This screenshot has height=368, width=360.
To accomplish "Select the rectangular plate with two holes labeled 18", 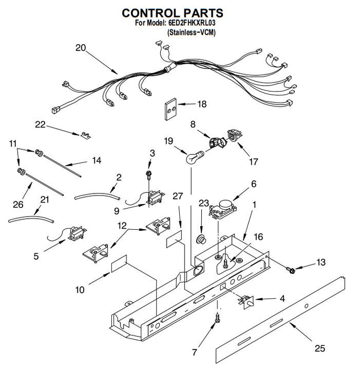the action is click(171, 109).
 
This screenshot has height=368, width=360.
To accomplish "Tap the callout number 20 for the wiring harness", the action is click(80, 48).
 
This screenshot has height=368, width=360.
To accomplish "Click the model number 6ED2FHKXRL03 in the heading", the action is click(192, 23).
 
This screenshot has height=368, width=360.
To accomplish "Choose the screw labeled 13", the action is click(291, 270).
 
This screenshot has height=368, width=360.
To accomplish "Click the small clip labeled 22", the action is click(86, 136).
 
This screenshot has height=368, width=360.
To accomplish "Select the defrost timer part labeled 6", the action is click(223, 209).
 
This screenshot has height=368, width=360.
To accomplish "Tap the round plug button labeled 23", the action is click(201, 240).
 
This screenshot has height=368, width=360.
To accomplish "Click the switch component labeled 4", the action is click(246, 302).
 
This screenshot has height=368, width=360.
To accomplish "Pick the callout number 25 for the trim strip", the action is click(320, 349).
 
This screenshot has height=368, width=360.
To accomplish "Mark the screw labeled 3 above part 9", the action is click(149, 175).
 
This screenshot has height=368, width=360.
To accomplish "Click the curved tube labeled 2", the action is click(97, 196).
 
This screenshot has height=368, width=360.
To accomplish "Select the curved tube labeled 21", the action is click(31, 219).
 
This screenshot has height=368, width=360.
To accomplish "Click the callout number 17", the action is click(253, 162).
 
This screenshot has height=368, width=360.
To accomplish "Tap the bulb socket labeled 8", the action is click(218, 142).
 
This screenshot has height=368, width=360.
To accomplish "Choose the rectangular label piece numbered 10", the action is click(119, 263).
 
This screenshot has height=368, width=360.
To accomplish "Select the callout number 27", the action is click(178, 196).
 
